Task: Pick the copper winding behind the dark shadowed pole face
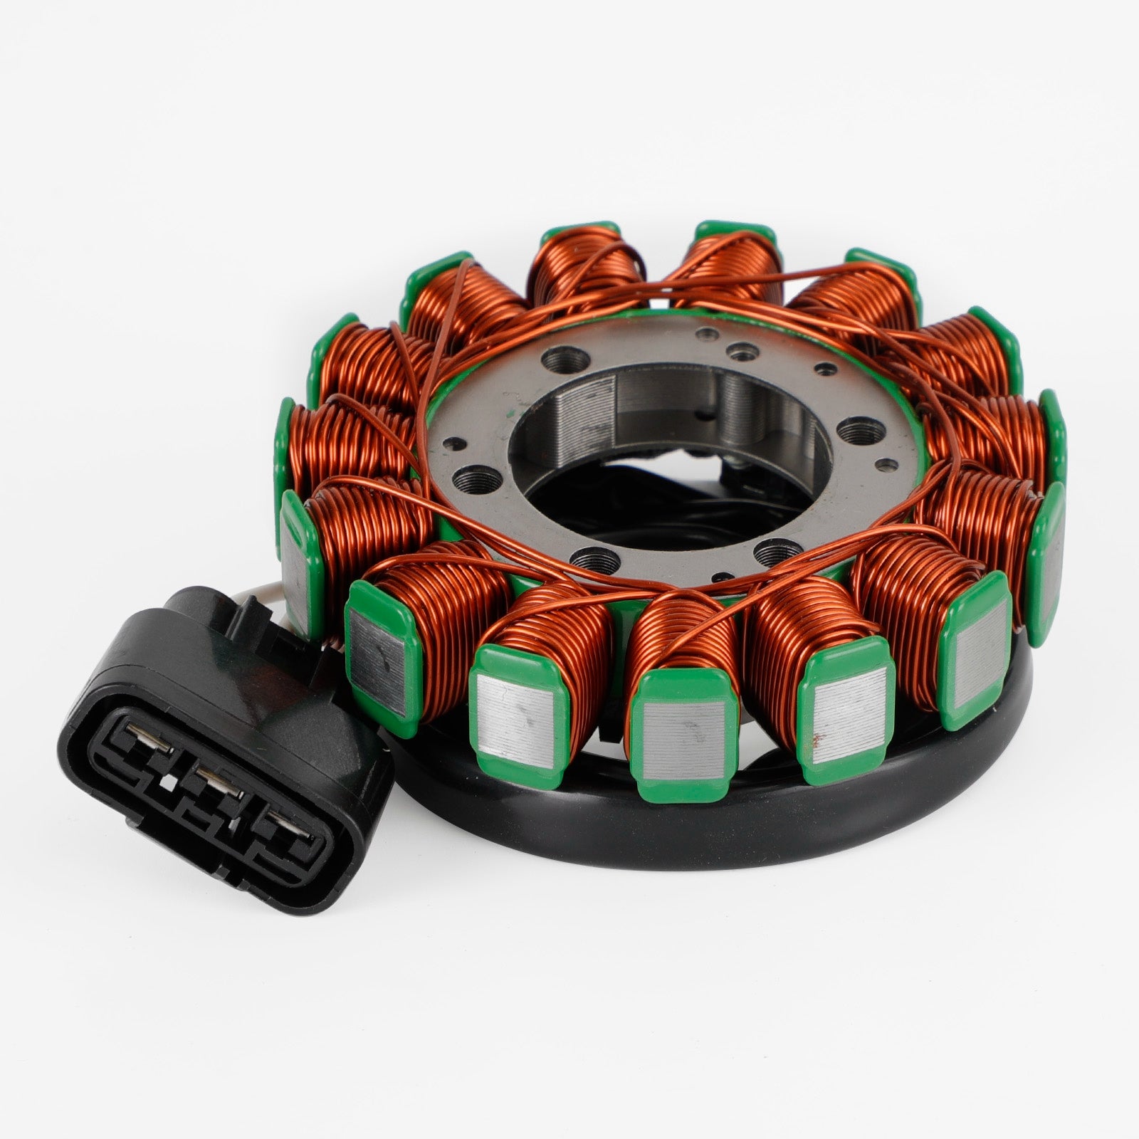[x=427, y=584]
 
